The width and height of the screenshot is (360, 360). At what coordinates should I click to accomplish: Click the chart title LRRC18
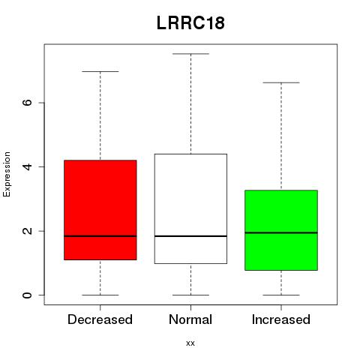[190, 22]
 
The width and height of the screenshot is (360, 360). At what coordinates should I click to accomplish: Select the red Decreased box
[100, 210]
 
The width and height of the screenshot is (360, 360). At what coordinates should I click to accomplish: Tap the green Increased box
[281, 230]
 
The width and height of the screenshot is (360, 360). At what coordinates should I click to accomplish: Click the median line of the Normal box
[190, 236]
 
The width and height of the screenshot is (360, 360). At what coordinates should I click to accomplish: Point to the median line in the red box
[100, 236]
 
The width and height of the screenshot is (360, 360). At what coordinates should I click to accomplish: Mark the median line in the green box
[281, 232]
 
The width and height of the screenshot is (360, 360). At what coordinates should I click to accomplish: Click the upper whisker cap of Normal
[190, 54]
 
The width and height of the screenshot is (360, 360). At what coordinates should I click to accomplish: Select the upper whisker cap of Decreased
[100, 71]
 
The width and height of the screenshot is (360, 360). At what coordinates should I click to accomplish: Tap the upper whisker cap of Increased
[281, 82]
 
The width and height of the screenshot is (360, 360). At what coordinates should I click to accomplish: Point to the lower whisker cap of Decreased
[100, 295]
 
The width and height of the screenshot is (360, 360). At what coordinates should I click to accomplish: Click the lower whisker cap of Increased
[281, 295]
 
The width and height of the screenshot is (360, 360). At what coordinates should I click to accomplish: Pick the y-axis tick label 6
[27, 103]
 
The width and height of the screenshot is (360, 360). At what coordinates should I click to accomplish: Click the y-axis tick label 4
[27, 166]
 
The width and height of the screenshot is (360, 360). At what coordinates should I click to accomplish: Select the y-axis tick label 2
[27, 231]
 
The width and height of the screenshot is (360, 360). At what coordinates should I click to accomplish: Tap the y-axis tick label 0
[27, 295]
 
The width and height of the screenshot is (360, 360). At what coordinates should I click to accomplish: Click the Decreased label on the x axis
[100, 319]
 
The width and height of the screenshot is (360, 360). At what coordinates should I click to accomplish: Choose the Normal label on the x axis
[190, 319]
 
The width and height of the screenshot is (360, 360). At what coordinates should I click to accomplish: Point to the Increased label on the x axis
[281, 319]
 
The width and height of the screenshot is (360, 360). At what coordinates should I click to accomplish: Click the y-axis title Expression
[7, 174]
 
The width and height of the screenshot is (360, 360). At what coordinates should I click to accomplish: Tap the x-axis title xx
[190, 343]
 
